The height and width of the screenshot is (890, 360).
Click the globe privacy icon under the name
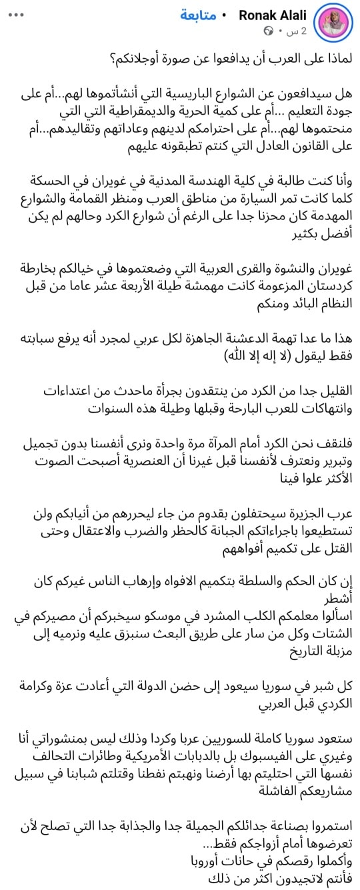[269, 31]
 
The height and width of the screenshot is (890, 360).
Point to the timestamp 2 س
[295, 31]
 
